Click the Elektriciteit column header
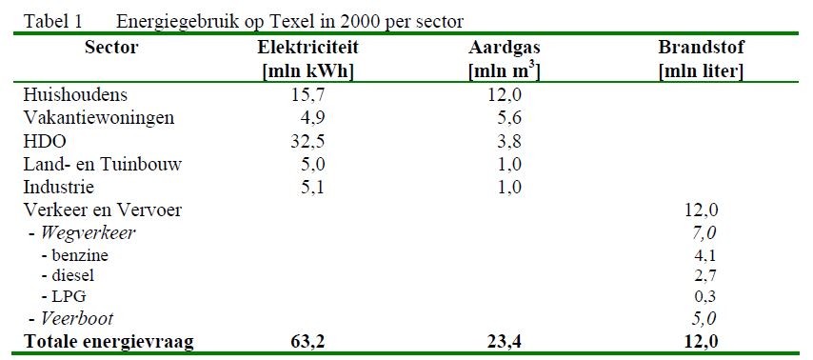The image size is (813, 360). pos(307,49)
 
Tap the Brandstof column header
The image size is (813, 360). pos(701,49)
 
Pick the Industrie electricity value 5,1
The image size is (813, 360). pos(312,187)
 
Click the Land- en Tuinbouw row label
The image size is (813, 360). pos(102,164)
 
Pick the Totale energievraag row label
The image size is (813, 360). pos(109,341)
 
